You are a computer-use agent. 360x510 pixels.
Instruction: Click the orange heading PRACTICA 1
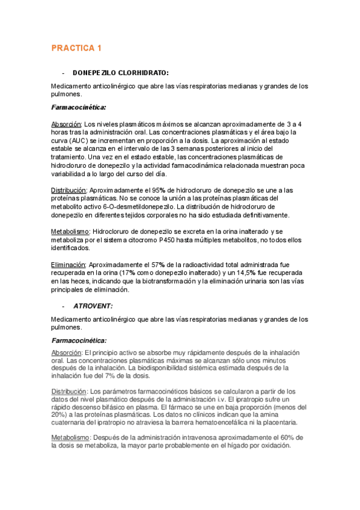click(x=76, y=48)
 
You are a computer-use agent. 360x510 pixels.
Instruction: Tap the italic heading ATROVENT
click(x=93, y=306)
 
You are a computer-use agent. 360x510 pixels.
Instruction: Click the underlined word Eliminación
click(x=69, y=264)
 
